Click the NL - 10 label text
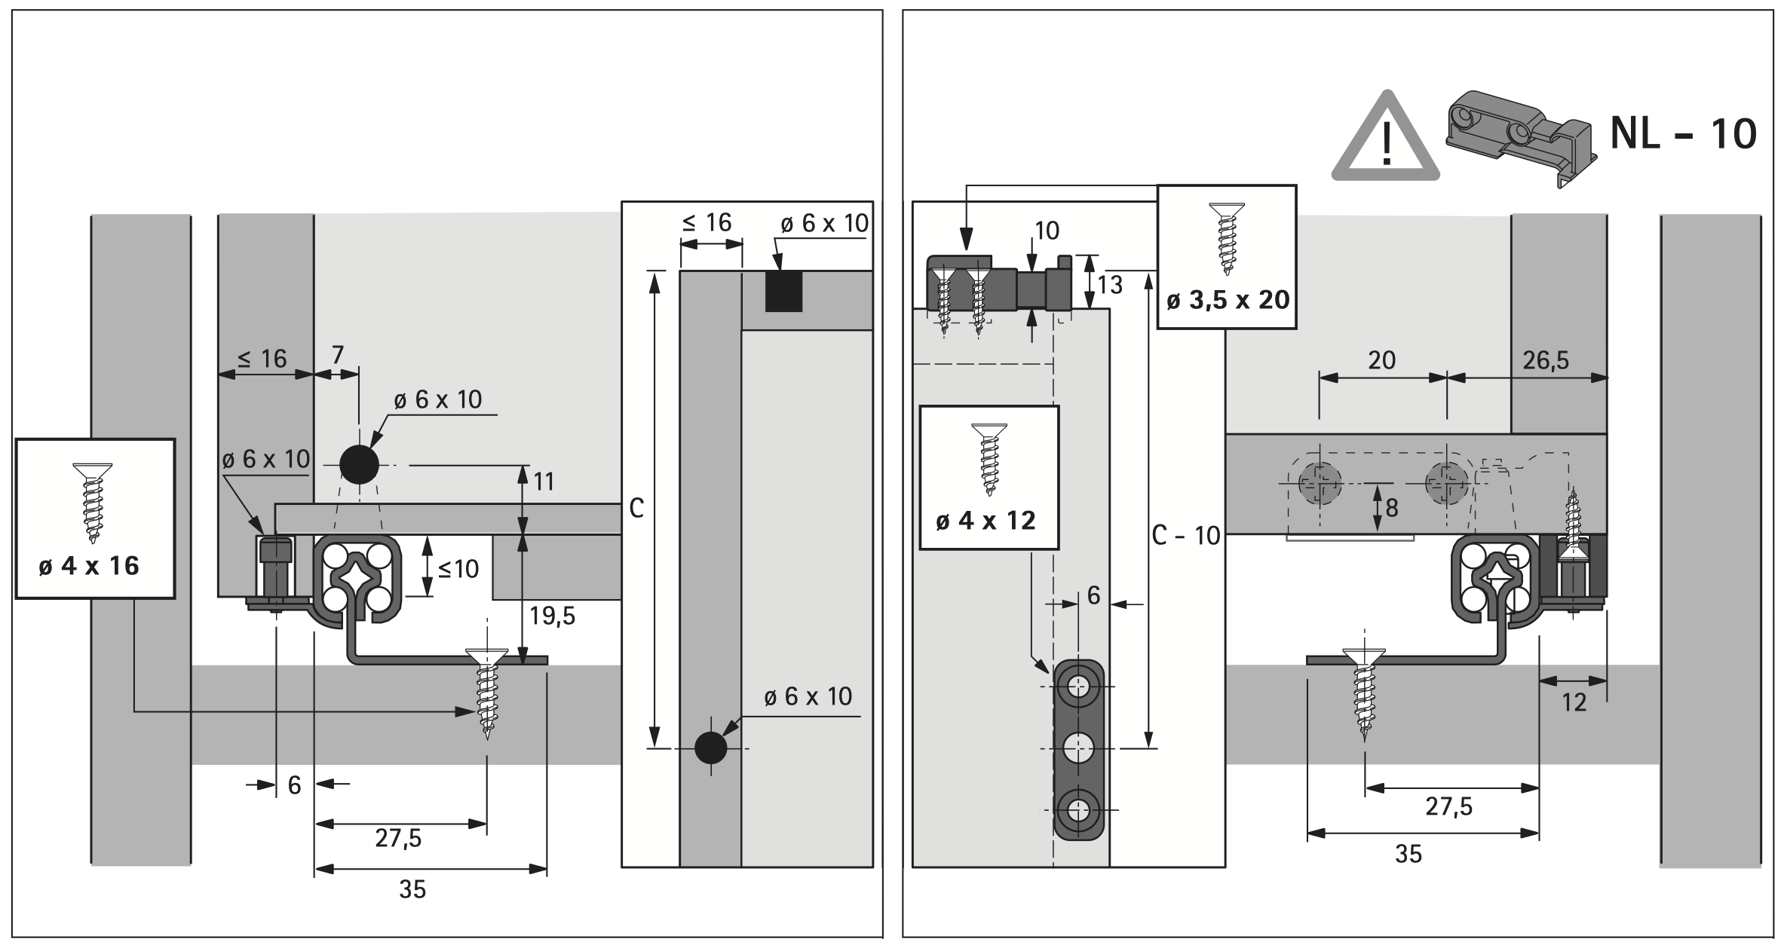coord(1683,134)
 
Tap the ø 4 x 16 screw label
coord(89,565)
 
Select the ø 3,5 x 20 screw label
coord(1228,300)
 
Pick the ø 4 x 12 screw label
coord(986,521)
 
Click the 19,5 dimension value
coord(552,616)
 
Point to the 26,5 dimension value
coord(1545,360)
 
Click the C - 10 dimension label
coord(1186,535)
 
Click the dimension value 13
coord(1110,285)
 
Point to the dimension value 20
coord(1381,360)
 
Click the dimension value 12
coord(1574,702)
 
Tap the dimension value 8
coord(1391,508)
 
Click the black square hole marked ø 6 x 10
coord(783,292)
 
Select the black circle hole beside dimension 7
coord(359,465)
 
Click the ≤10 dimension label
coord(458,569)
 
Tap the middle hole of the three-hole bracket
coord(1079,748)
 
